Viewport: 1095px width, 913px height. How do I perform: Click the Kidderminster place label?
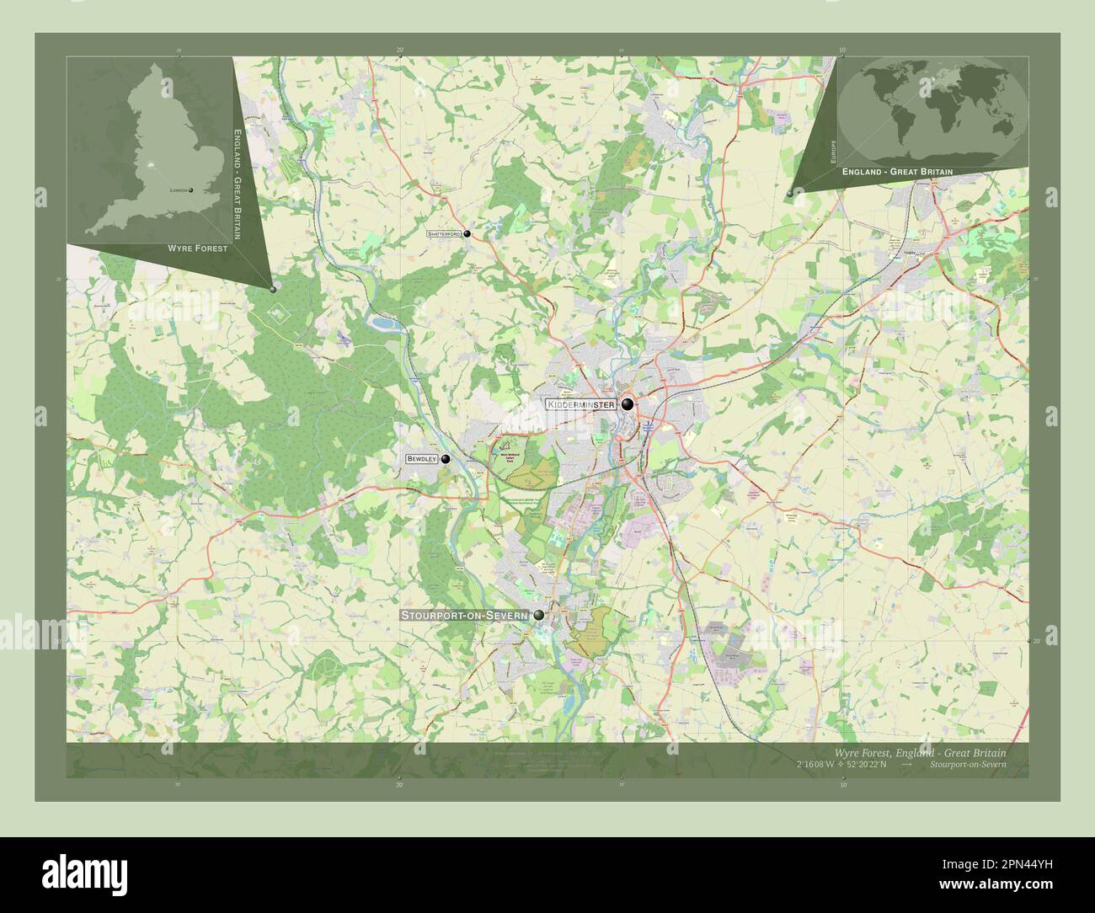coord(581,405)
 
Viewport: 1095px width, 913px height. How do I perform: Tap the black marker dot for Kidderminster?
coord(628,405)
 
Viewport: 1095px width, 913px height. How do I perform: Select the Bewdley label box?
coord(421,459)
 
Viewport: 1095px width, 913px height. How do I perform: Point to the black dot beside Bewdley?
coord(446,459)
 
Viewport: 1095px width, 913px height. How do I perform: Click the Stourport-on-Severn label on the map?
coord(464,616)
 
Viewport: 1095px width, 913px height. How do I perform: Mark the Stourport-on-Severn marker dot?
coord(538,616)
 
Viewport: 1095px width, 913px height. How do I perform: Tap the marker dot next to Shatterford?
coord(467,233)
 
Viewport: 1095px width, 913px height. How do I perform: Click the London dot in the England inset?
coord(191,190)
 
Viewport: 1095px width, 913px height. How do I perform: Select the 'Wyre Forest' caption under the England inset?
coord(197,249)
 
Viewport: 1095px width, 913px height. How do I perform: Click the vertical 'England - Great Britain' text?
coord(238,185)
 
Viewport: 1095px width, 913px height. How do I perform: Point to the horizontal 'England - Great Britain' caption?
coord(897,171)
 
